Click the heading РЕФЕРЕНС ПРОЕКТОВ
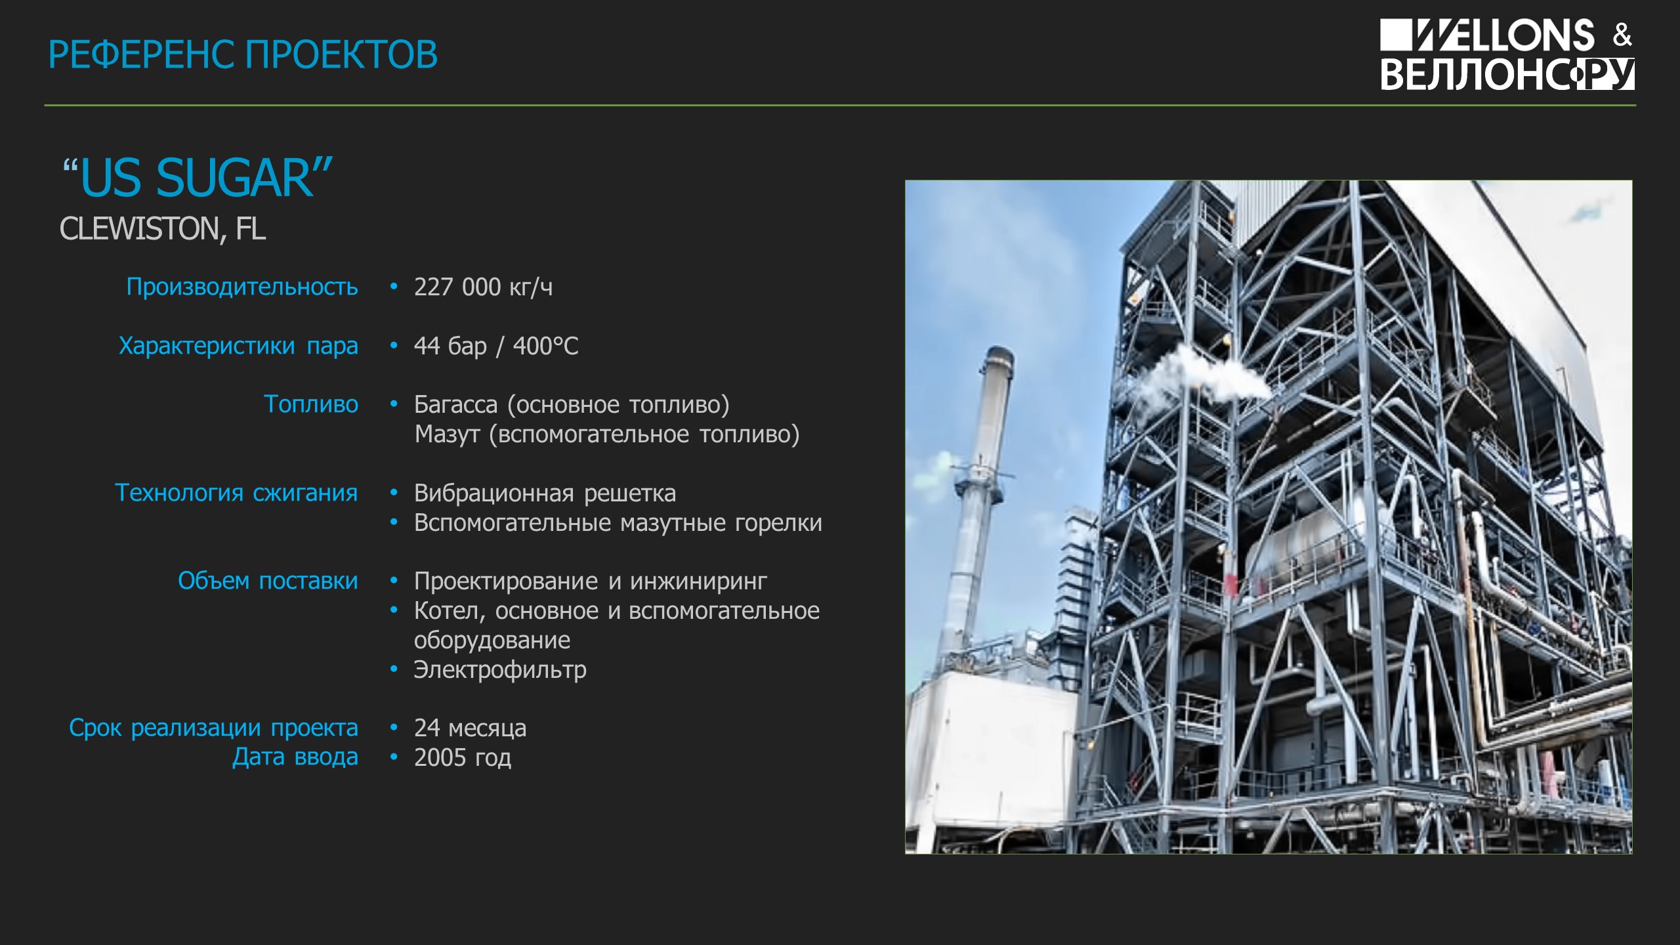(x=243, y=54)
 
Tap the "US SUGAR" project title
(x=197, y=178)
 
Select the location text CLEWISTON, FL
(x=163, y=229)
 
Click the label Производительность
(x=242, y=287)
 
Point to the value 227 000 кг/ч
(x=483, y=287)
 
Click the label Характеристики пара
(x=238, y=346)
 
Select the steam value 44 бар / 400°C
(x=496, y=346)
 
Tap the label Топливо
(x=311, y=404)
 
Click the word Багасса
(x=455, y=404)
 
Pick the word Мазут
(x=447, y=434)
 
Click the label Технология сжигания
(x=236, y=493)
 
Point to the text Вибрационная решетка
(x=545, y=493)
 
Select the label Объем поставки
(x=268, y=581)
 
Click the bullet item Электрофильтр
(x=500, y=670)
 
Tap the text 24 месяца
(x=470, y=728)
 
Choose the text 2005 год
(x=463, y=757)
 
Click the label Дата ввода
(x=295, y=757)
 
